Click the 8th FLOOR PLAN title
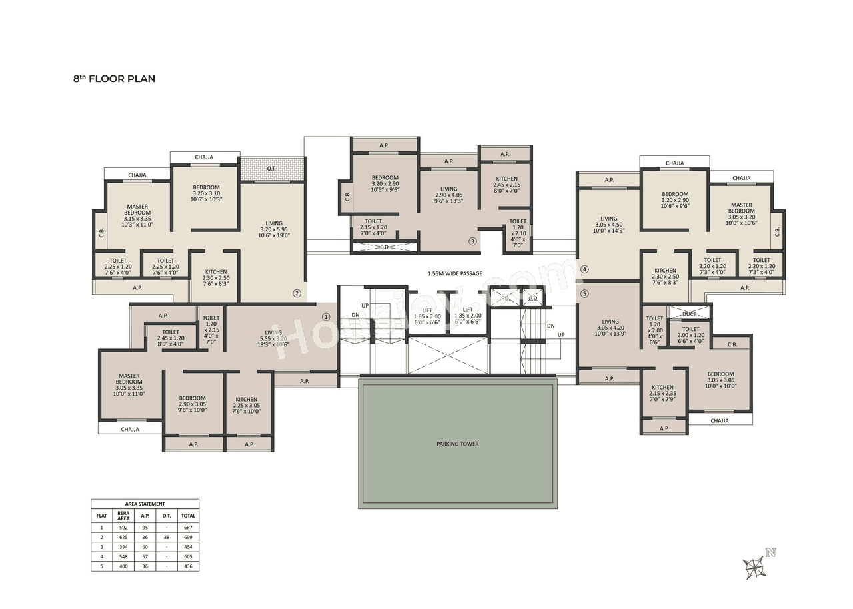[x=114, y=79]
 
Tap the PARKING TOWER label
[x=457, y=444]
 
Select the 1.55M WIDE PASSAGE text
[x=455, y=273]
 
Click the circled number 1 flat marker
[x=326, y=317]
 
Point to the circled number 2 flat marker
[x=297, y=293]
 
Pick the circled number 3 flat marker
[x=472, y=241]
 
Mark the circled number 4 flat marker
[x=584, y=270]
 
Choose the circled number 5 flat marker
[x=584, y=293]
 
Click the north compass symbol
[x=756, y=566]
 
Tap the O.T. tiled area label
[x=271, y=169]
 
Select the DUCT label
[x=689, y=313]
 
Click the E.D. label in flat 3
[x=385, y=247]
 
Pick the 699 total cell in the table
[x=188, y=536]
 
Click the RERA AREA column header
[x=123, y=515]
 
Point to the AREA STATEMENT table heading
[x=145, y=504]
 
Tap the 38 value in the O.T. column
[x=167, y=536]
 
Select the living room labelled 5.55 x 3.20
[x=273, y=338]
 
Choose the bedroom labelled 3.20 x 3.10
[x=206, y=193]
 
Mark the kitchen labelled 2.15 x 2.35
[x=662, y=394]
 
